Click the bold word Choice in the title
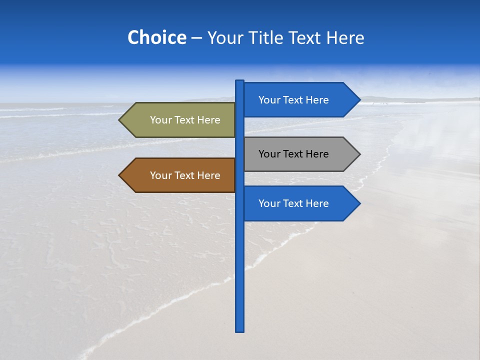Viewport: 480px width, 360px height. coord(156,37)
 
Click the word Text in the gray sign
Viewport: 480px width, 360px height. coord(293,154)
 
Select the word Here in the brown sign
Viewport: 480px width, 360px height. coord(208,175)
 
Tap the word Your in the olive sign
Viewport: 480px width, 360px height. coord(160,120)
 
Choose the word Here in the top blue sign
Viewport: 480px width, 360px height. coord(317,100)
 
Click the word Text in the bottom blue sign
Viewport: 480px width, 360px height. coord(293,203)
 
